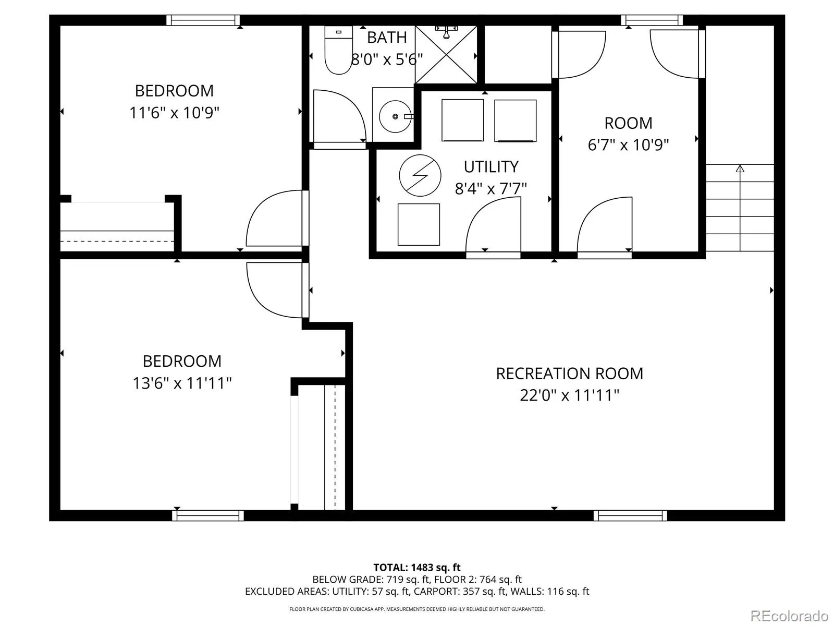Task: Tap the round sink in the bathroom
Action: (x=395, y=116)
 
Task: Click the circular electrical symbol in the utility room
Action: (x=420, y=176)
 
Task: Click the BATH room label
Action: (x=387, y=37)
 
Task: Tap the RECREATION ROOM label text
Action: (x=569, y=374)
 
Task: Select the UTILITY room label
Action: (x=491, y=167)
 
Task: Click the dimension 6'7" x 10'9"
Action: (x=628, y=145)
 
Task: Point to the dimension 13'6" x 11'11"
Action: (x=182, y=383)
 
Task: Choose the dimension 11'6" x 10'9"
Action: (x=175, y=113)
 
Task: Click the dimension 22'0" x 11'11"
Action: (x=570, y=395)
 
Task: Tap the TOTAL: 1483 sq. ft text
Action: (x=417, y=568)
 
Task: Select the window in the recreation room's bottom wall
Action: (x=630, y=516)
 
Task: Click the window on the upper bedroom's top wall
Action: (x=203, y=20)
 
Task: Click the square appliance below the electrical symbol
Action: (x=419, y=224)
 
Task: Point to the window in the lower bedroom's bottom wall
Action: (x=208, y=516)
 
